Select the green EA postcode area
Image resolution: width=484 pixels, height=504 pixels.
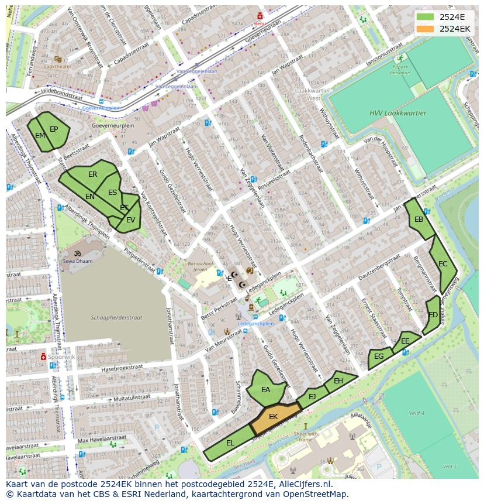(266, 390)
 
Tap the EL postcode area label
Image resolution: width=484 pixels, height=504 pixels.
(230, 443)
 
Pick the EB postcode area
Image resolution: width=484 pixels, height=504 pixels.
(419, 220)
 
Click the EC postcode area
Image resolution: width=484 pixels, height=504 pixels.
(443, 264)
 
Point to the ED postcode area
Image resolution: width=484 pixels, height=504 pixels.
(433, 315)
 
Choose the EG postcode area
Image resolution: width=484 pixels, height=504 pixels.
(379, 356)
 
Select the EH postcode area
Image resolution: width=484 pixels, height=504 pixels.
(338, 381)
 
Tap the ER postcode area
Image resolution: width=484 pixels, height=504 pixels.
(93, 174)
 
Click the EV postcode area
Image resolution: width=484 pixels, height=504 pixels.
(131, 220)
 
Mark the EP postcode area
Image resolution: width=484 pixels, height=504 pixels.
(54, 129)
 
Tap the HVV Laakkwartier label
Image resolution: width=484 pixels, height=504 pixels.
(398, 113)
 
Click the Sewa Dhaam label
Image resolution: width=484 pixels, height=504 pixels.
(78, 262)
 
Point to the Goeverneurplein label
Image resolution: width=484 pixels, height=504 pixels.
(113, 126)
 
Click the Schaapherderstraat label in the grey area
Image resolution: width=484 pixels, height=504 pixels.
(116, 317)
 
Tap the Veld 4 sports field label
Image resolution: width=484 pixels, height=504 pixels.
(417, 413)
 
